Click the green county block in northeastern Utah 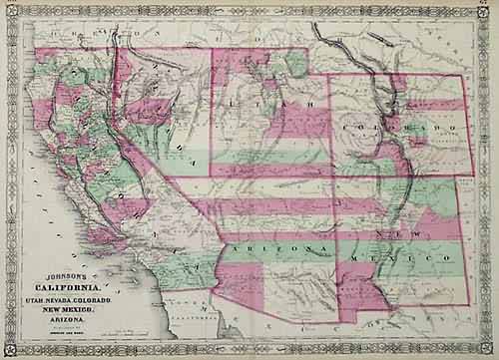[295, 64]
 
